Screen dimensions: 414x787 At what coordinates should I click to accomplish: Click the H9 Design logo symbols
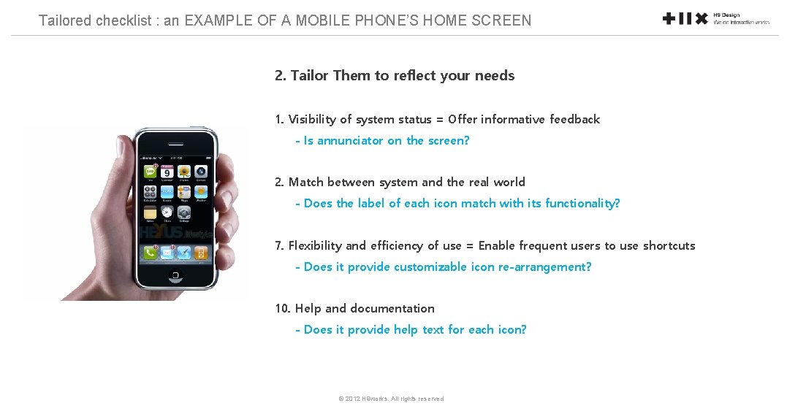tap(685, 19)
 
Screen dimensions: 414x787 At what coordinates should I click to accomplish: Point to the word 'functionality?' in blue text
tap(582, 204)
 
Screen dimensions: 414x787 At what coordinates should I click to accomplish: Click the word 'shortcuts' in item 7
tap(669, 246)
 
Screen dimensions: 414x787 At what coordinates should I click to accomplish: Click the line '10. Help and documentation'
tap(354, 309)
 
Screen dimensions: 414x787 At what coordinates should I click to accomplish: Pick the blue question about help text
tap(410, 330)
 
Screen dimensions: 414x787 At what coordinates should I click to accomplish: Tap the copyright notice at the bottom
tap(391, 399)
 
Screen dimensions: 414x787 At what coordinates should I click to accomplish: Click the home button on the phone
tap(175, 275)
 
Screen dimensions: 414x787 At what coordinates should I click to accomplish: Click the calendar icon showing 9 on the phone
tap(167, 172)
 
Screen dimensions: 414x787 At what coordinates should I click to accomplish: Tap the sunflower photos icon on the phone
tap(184, 172)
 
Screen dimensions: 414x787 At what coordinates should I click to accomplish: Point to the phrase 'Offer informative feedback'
tap(524, 120)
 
